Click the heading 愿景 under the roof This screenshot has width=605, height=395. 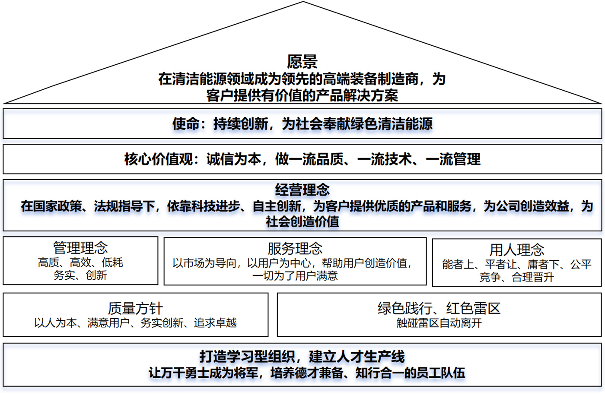tap(302, 62)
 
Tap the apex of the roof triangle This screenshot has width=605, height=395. tap(303, 2)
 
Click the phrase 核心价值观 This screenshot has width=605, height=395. tap(159, 159)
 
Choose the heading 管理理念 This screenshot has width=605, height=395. tap(80, 248)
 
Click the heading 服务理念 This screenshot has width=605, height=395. tap(295, 249)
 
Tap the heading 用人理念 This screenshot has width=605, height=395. tap(517, 250)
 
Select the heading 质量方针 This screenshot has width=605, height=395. tap(135, 308)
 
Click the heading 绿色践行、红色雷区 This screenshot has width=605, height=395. tap(439, 308)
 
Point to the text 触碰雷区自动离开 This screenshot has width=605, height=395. tap(439, 323)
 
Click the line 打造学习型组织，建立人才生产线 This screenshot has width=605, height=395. tap(302, 357)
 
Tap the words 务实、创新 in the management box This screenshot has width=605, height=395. tap(80, 275)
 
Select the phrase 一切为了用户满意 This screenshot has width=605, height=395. tap(295, 276)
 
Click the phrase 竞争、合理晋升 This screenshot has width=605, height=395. tap(517, 277)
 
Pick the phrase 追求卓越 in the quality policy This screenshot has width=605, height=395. tap(215, 323)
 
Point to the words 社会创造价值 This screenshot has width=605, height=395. tap(302, 222)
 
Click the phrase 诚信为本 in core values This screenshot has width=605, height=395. tap(234, 159)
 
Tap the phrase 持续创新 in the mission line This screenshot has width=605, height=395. tap(241, 124)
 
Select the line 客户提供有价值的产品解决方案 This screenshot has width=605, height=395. tap(302, 95)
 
